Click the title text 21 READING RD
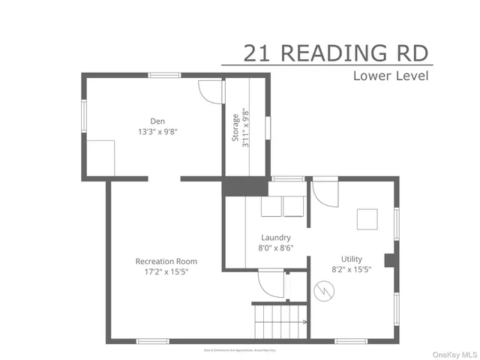click(x=336, y=53)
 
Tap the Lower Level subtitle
click(x=391, y=76)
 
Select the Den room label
click(x=157, y=121)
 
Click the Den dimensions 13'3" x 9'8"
click(x=157, y=131)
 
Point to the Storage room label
click(x=235, y=127)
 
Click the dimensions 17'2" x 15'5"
click(x=166, y=271)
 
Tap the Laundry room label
click(x=276, y=238)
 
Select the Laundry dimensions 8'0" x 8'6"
click(x=276, y=247)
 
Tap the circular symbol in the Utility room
click(x=324, y=289)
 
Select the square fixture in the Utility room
click(x=367, y=218)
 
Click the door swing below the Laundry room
click(x=269, y=282)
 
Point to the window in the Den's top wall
click(x=164, y=75)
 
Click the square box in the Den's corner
click(x=99, y=157)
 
